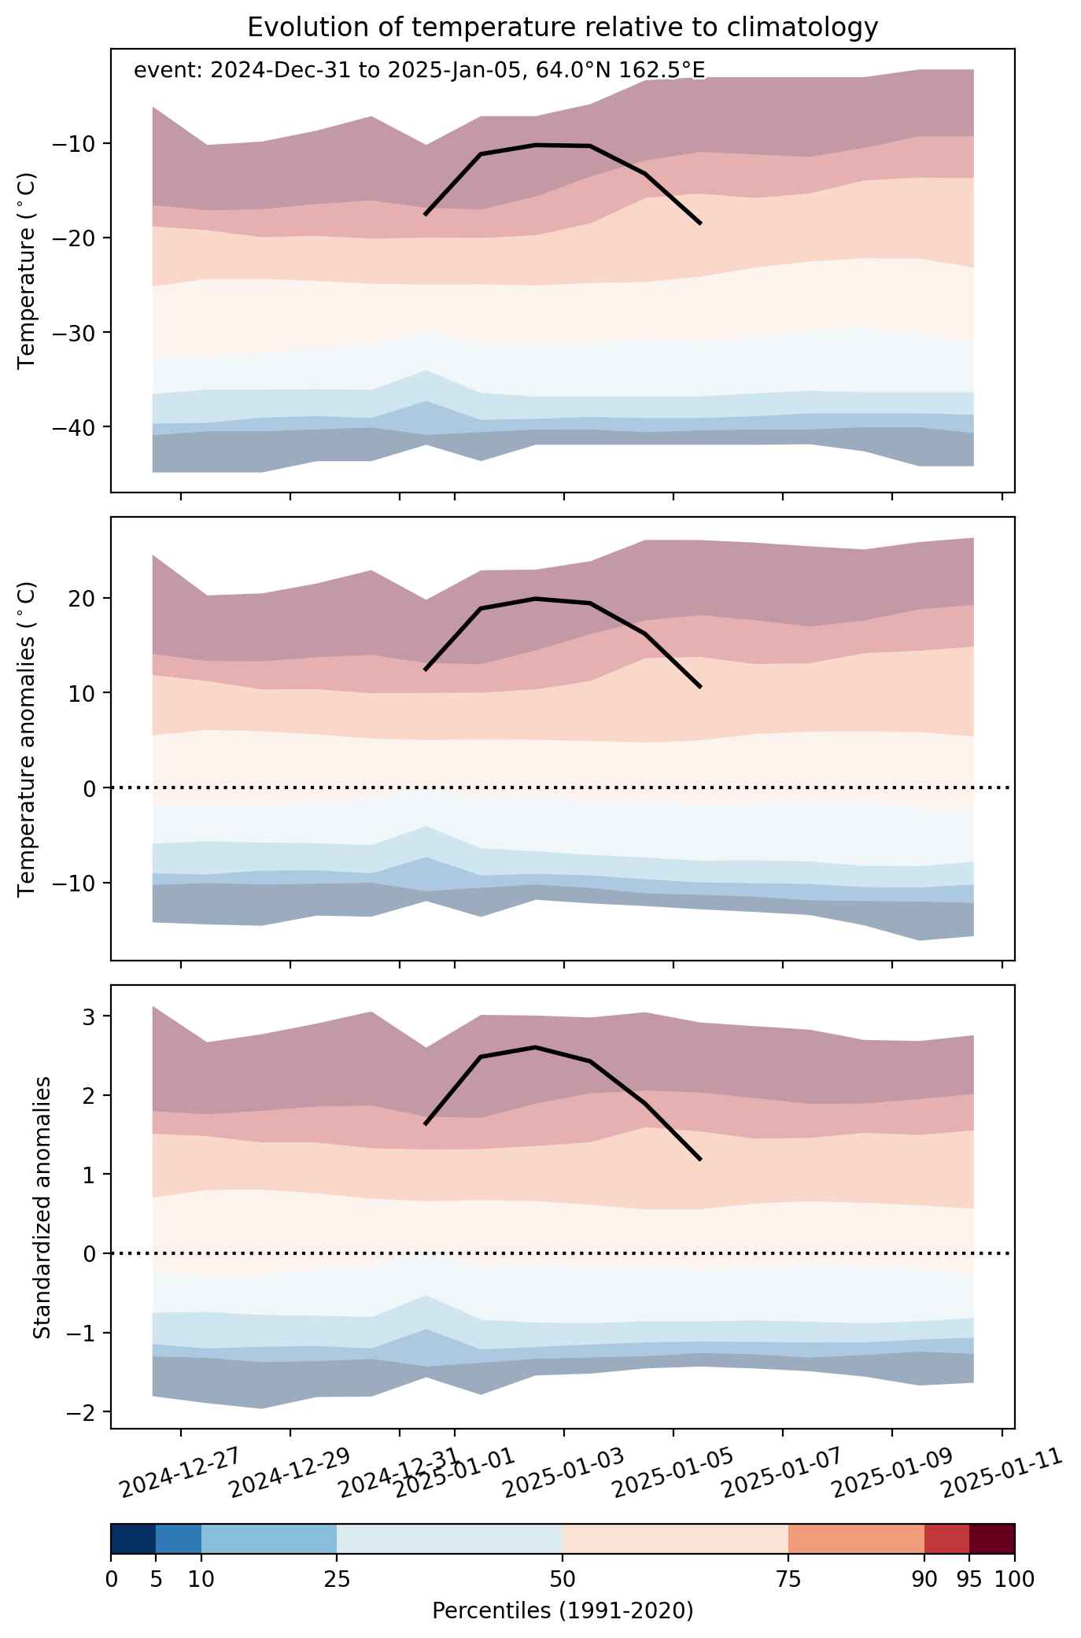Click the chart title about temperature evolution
[x=563, y=27]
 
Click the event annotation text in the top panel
[x=419, y=71]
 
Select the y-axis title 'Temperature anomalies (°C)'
[x=27, y=739]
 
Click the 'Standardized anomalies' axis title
[x=42, y=1206]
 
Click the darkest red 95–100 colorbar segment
[x=991, y=1539]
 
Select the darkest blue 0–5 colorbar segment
[x=134, y=1539]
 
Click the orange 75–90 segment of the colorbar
[x=856, y=1539]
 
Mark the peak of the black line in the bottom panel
[x=535, y=1047]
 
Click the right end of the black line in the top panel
[x=700, y=223]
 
